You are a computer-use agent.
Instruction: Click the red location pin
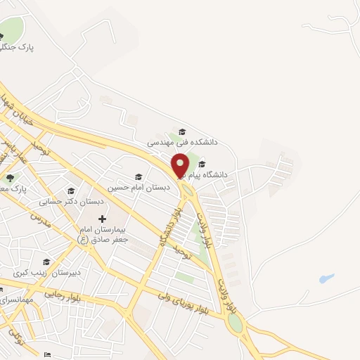[x=180, y=165]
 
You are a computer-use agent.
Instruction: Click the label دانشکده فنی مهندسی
[x=183, y=142]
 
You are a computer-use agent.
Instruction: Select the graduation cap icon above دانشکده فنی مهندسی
[x=183, y=132]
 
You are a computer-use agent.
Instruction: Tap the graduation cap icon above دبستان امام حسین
[x=138, y=177]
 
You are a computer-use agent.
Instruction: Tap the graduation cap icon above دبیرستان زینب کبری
[x=46, y=262]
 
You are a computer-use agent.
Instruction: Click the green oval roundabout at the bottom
[x=235, y=323]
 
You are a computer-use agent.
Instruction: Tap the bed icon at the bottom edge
[x=48, y=355]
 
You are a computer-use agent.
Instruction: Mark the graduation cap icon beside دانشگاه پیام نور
[x=202, y=164]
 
